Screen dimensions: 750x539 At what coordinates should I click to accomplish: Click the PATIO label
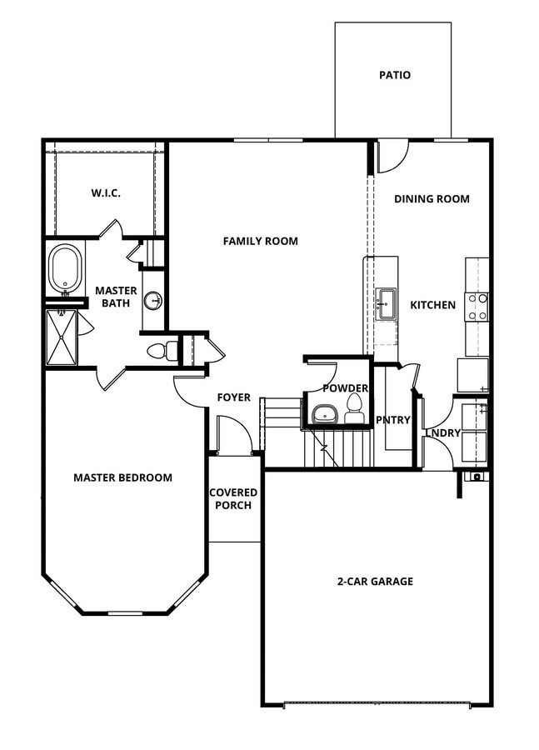(394, 75)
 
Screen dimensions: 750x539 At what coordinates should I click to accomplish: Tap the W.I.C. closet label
(106, 193)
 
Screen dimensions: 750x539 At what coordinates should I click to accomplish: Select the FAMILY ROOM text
(260, 241)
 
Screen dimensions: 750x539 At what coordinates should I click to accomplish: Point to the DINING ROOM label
(432, 199)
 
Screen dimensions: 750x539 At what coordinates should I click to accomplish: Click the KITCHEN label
(432, 305)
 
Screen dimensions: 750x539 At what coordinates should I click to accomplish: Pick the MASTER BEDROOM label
(122, 477)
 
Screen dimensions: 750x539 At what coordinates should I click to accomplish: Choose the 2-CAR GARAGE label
(375, 581)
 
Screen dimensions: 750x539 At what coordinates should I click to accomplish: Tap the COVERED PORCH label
(233, 498)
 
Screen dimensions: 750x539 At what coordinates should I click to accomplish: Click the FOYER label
(233, 397)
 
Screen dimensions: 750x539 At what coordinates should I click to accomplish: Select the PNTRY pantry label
(392, 420)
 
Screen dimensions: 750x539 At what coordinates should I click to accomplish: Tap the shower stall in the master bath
(61, 337)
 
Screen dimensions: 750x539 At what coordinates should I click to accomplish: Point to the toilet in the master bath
(161, 351)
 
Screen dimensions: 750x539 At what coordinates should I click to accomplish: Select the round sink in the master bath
(152, 301)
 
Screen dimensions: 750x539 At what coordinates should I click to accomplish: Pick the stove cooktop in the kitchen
(477, 306)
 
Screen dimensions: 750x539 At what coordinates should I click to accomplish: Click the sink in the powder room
(323, 414)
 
